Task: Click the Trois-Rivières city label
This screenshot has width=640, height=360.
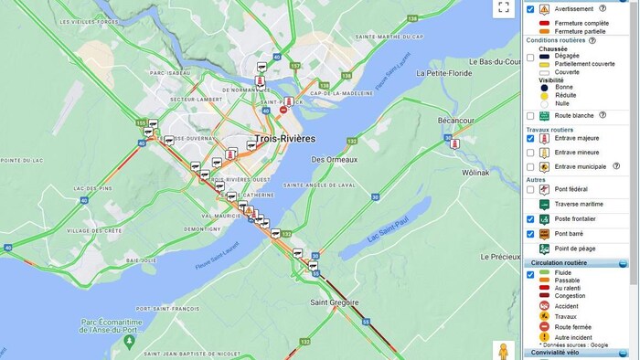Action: [x=284, y=139]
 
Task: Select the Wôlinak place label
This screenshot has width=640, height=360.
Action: [x=475, y=172]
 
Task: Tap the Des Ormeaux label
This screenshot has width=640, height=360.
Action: [x=334, y=159]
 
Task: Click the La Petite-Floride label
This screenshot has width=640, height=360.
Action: [x=444, y=72]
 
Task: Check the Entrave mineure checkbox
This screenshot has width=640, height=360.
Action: [x=530, y=153]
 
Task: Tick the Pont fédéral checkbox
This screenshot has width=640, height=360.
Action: [x=530, y=190]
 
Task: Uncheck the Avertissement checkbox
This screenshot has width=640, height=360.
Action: [x=530, y=9]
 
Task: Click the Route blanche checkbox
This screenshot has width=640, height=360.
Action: [x=530, y=116]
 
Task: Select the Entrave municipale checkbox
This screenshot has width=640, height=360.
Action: [x=530, y=167]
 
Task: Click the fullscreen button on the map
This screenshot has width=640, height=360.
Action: [x=503, y=8]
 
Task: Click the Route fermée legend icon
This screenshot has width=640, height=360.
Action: [x=544, y=326]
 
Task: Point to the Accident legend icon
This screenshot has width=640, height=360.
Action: [x=544, y=305]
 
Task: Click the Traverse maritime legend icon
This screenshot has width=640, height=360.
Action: [x=544, y=205]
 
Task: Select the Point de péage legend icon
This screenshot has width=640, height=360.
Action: [x=544, y=249]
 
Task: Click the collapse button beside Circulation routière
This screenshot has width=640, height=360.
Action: [x=623, y=263]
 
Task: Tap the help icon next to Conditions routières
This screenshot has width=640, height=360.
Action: [x=592, y=40]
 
